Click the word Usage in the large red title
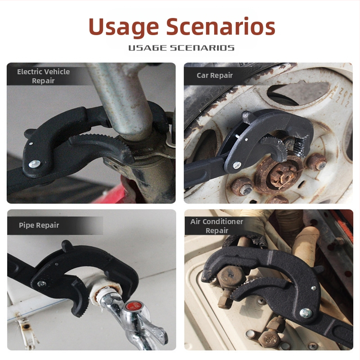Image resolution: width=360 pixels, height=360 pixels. click(123, 27)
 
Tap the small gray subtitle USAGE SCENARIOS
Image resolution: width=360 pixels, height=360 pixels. click(181, 48)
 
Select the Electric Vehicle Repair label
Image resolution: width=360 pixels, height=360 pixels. click(43, 76)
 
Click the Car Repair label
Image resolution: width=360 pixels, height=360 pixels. click(215, 75)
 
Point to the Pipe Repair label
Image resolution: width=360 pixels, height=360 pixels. click(39, 225)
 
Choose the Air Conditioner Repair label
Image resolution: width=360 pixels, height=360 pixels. click(217, 226)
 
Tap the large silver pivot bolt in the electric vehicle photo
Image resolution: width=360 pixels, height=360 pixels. click(35, 164)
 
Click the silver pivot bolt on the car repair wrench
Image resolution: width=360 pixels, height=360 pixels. click(237, 164)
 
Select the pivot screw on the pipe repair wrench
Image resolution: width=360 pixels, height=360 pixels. click(41, 284)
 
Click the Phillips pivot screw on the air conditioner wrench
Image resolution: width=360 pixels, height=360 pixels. click(306, 313)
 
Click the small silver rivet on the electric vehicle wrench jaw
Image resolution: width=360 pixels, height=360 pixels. click(31, 144)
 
